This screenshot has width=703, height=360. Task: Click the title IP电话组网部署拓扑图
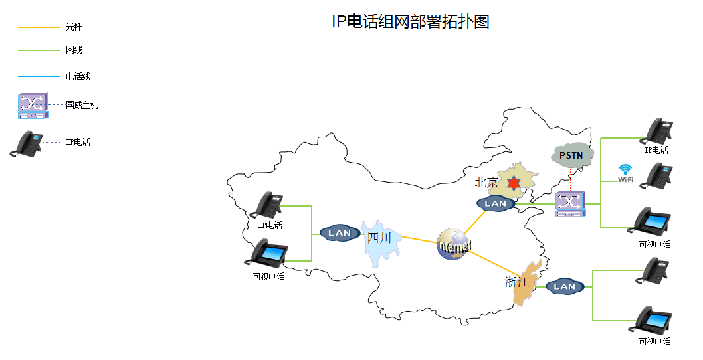410,21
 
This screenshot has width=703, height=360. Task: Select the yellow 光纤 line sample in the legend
39,27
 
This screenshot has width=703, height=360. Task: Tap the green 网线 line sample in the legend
39,50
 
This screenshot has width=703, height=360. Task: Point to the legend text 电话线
78,76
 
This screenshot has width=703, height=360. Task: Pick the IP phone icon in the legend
27,143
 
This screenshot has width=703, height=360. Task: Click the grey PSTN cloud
571,155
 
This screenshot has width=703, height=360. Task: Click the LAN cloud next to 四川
340,233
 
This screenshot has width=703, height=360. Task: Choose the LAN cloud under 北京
496,204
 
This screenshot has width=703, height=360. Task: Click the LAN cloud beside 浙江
564,287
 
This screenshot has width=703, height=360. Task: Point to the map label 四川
379,238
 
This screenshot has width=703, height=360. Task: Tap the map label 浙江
517,282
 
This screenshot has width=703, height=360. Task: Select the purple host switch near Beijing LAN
571,204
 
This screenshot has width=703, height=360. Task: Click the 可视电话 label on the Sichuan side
269,276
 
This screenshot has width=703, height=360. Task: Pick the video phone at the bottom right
653,319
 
